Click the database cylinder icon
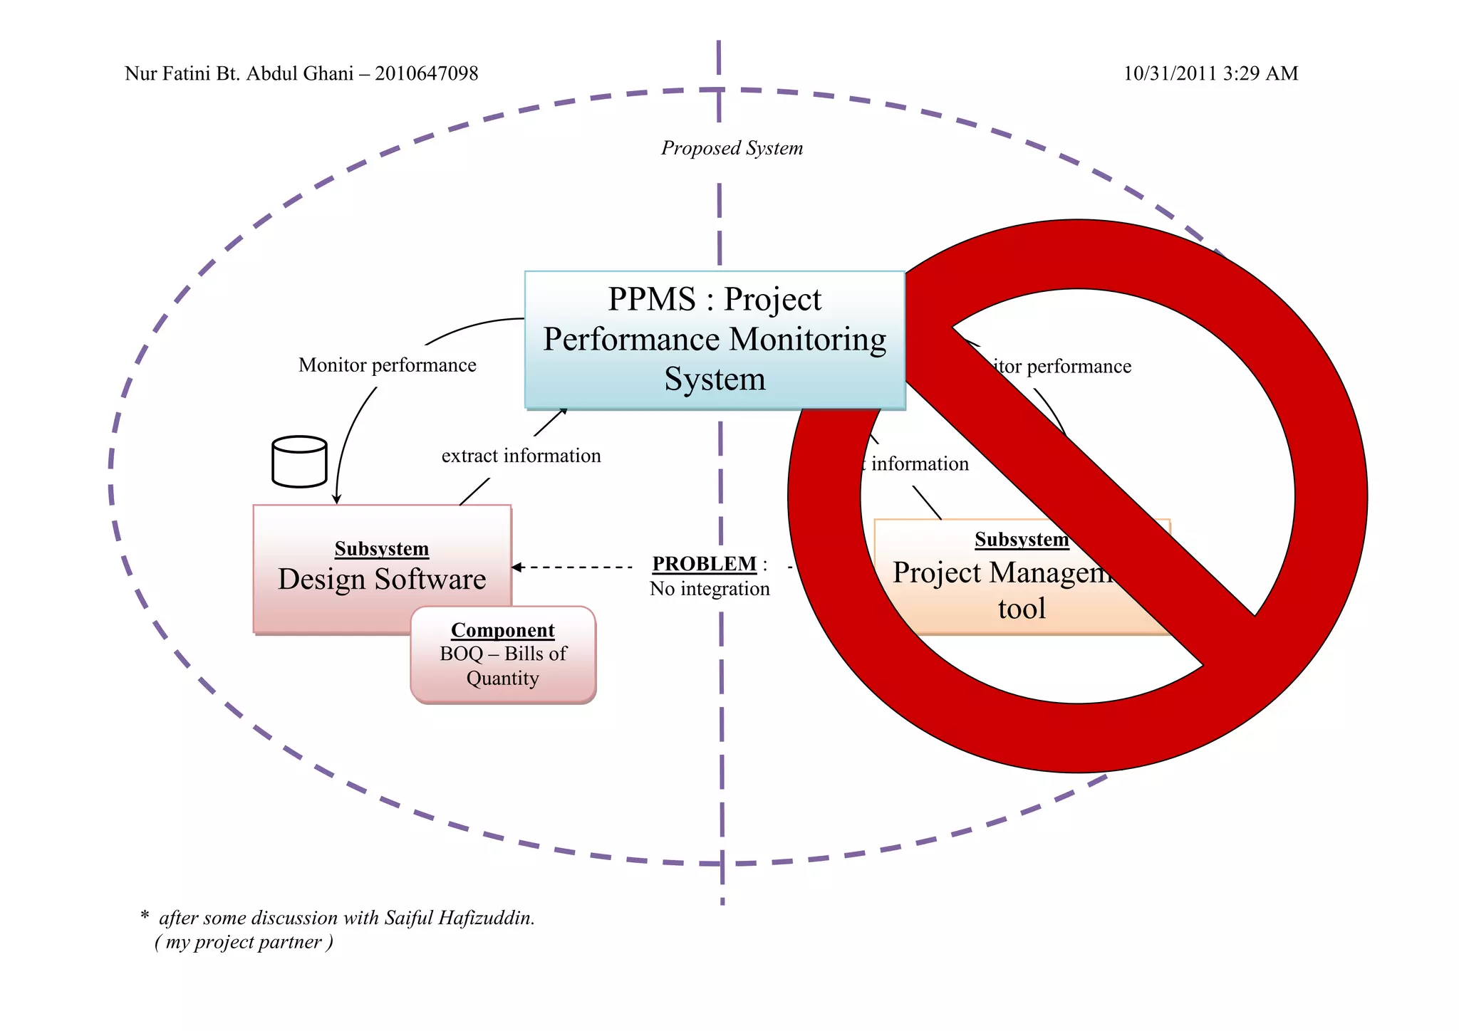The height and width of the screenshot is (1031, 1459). [299, 462]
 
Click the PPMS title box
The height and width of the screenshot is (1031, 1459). [715, 340]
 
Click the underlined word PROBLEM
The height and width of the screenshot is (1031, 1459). [704, 564]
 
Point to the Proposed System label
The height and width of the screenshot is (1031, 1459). [732, 148]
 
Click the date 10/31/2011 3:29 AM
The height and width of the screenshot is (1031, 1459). [1210, 73]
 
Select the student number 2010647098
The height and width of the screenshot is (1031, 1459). [426, 73]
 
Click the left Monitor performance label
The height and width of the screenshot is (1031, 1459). [387, 365]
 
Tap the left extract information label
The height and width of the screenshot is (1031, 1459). [521, 456]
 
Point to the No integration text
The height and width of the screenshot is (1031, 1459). [710, 589]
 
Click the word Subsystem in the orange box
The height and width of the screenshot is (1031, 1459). [1022, 540]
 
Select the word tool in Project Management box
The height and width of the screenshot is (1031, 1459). [1022, 609]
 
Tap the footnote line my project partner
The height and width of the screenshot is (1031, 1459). [244, 942]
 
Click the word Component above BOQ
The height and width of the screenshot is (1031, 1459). [503, 630]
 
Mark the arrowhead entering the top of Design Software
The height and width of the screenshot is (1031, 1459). [336, 501]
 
